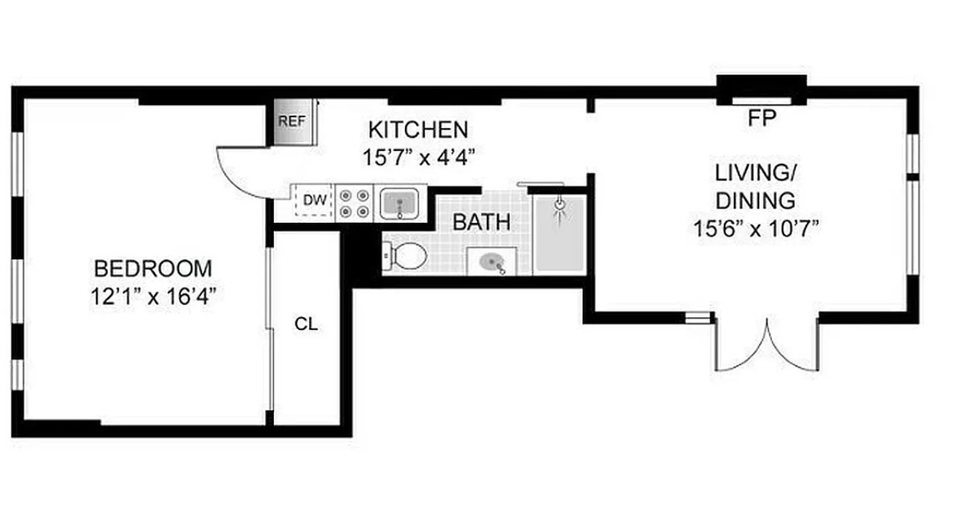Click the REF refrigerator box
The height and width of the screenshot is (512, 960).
tap(292, 122)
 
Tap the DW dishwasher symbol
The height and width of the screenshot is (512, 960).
tap(314, 200)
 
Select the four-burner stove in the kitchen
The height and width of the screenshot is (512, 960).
tap(354, 203)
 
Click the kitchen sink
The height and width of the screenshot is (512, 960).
tap(400, 204)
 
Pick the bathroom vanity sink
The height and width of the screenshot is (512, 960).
tap(492, 262)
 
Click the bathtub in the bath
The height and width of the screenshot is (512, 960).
tap(560, 234)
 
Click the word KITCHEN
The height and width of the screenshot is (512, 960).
tap(418, 130)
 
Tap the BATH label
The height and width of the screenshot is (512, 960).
tap(481, 223)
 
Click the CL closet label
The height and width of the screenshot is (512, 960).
tap(306, 324)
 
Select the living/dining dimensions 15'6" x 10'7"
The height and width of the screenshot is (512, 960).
tap(756, 228)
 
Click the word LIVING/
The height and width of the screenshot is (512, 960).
tap(755, 173)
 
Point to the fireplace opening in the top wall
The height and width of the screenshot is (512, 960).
tap(762, 100)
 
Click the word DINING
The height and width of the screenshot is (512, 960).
tap(755, 201)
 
